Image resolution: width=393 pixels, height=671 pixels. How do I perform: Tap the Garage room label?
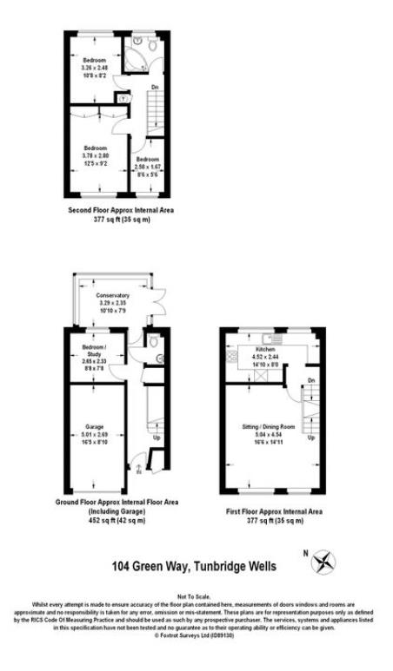tap(95, 426)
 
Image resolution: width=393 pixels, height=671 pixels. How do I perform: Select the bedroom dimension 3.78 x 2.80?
tap(96, 155)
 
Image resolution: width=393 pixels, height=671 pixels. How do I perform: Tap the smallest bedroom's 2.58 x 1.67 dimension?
tap(147, 168)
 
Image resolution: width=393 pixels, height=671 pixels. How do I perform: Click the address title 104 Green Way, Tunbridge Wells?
tap(194, 566)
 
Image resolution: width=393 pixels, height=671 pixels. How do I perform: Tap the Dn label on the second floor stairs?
tap(154, 88)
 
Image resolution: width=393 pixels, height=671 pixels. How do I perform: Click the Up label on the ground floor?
tap(156, 437)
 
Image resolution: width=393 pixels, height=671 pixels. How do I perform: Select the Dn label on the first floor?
tap(310, 380)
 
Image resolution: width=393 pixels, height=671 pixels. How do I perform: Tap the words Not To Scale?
tap(196, 598)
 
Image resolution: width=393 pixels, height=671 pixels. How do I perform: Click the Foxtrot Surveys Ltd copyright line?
tap(196, 635)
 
